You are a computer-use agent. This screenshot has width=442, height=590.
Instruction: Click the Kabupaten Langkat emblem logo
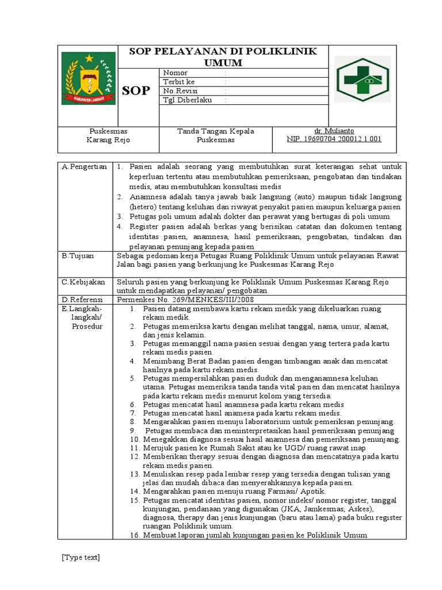[88, 78]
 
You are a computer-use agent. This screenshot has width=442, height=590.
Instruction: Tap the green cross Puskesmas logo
[362, 80]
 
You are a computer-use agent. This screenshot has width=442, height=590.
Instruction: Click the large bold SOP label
[136, 90]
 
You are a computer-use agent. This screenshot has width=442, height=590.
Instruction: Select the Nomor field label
[176, 73]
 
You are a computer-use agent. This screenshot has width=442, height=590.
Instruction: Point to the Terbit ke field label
[179, 82]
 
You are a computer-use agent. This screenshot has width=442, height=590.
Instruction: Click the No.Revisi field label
[180, 91]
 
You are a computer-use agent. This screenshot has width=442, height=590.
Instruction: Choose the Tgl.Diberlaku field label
[187, 100]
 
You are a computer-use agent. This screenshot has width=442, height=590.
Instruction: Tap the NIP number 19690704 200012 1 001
[334, 139]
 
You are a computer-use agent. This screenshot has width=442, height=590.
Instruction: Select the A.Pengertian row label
[85, 167]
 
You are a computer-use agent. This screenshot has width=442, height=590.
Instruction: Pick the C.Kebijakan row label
[83, 282]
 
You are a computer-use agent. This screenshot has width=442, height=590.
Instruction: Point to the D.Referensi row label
[82, 300]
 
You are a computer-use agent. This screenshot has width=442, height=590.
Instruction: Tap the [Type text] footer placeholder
[81, 557]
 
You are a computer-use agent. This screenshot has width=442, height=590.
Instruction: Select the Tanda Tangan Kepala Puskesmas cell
[215, 135]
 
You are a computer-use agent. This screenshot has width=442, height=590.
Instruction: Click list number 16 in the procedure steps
[135, 535]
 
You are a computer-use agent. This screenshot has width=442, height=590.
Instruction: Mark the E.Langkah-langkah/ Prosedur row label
[86, 317]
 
